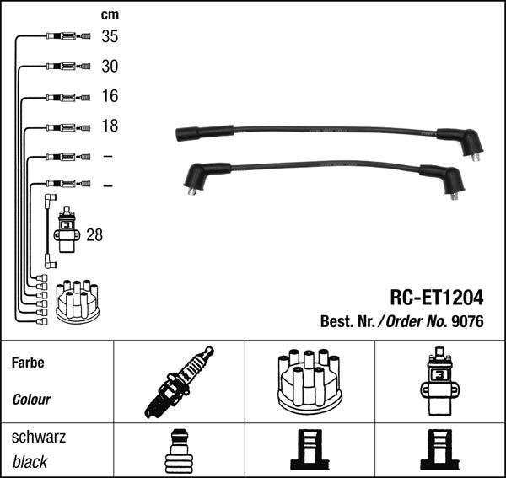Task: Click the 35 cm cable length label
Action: click(110, 36)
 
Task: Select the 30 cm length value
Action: click(110, 66)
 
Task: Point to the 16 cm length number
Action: click(110, 96)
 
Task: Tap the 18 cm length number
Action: click(110, 126)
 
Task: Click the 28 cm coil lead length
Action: click(94, 235)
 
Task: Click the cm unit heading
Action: click(110, 14)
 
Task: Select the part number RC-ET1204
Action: click(437, 297)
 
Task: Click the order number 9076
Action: click(467, 321)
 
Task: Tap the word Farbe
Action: click(28, 363)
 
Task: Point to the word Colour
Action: click(31, 400)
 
